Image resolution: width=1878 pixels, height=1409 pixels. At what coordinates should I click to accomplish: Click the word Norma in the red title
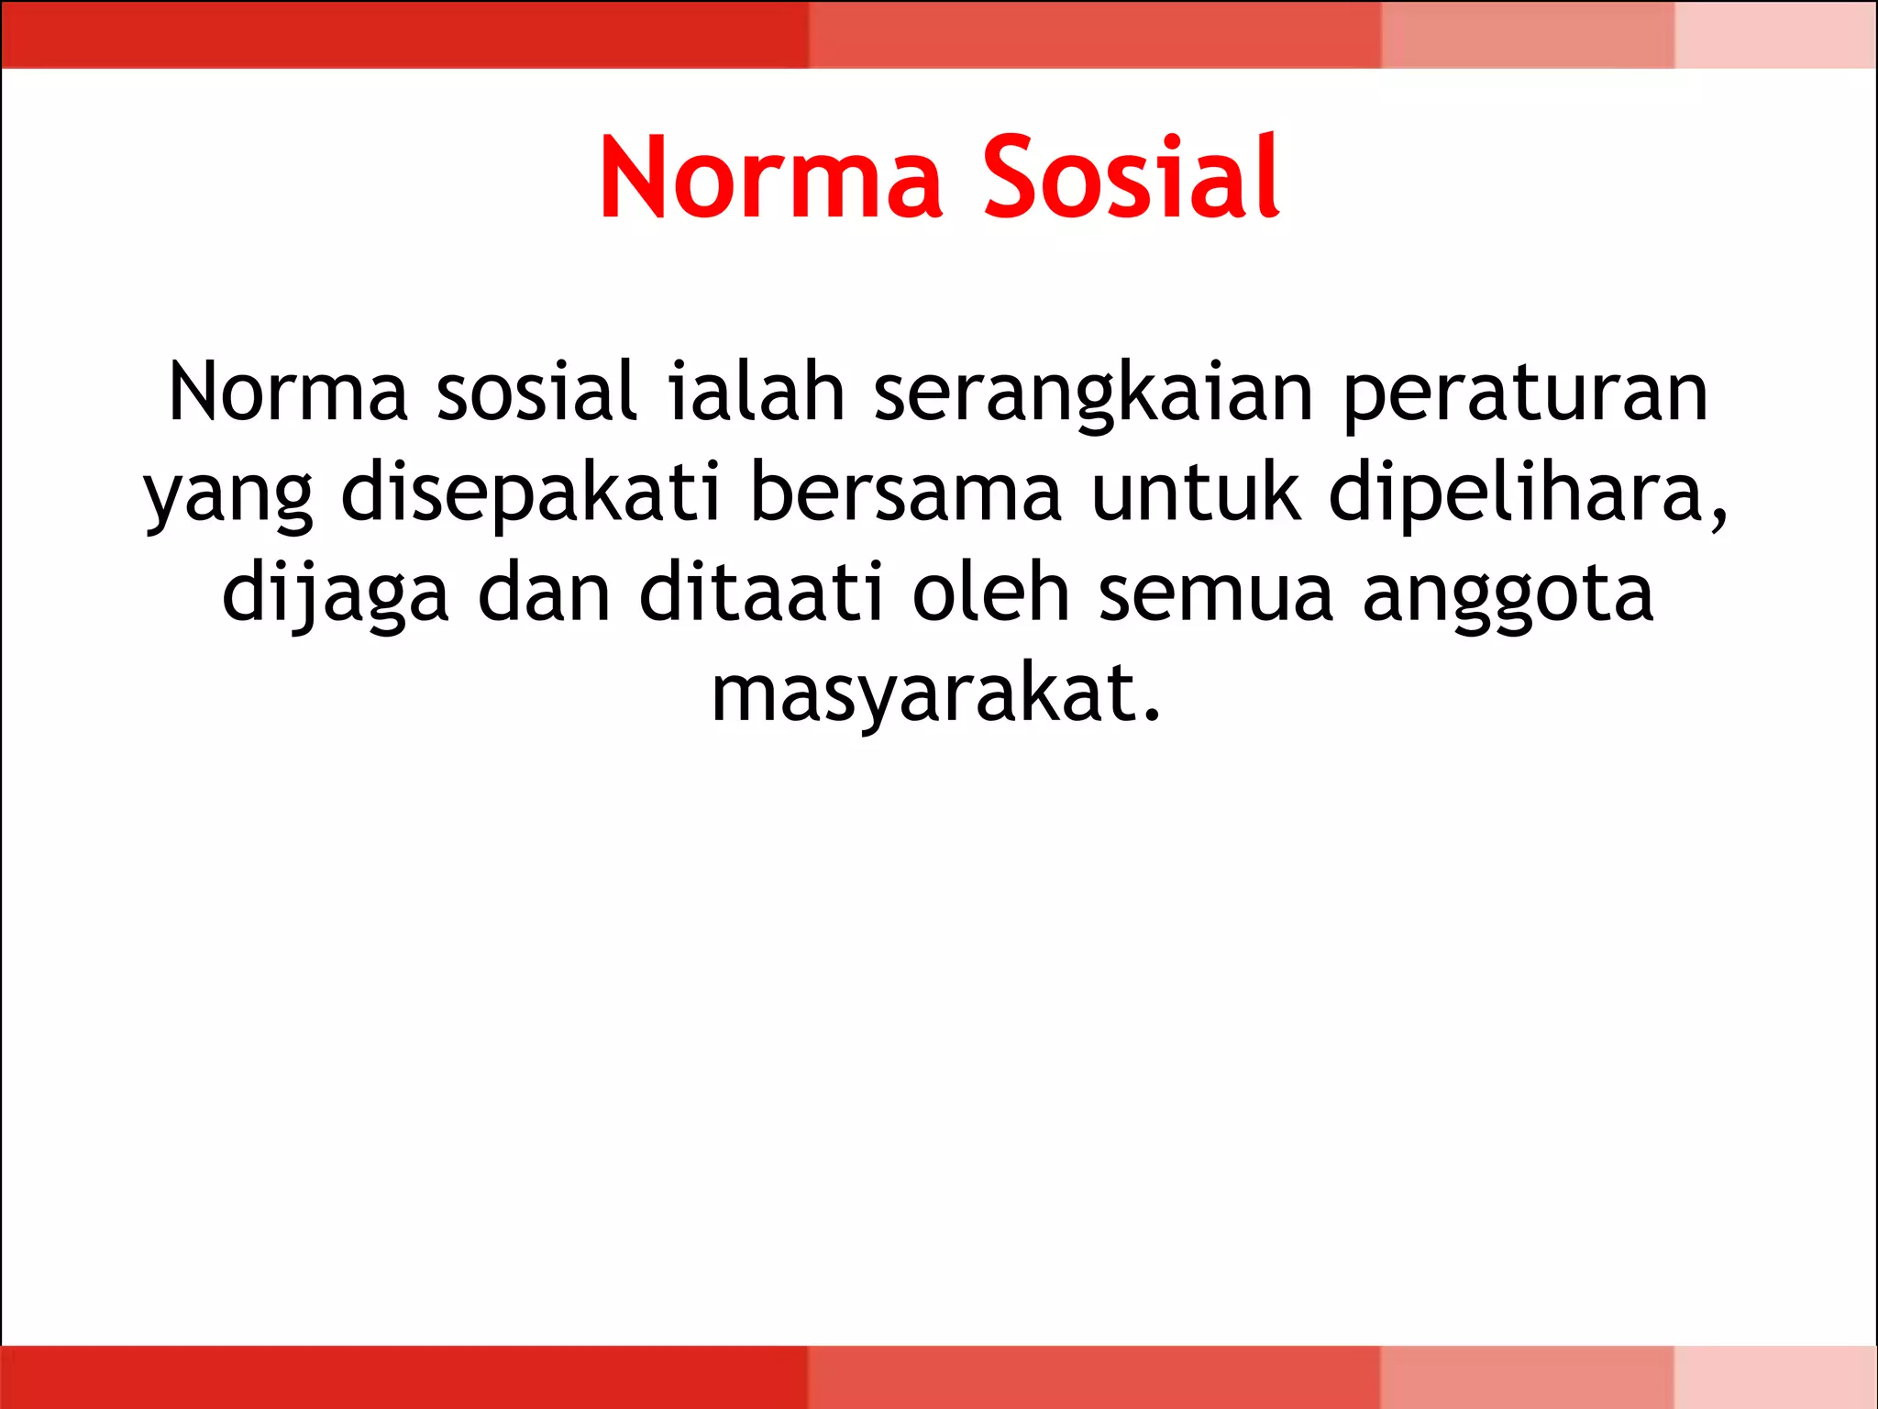point(770,178)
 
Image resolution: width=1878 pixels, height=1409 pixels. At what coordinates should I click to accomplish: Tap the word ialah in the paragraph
point(756,393)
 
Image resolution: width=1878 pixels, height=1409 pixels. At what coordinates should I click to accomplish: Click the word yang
point(229,495)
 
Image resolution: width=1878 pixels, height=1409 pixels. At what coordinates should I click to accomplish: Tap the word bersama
point(906,494)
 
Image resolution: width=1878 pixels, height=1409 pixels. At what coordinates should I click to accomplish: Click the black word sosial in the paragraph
point(536,393)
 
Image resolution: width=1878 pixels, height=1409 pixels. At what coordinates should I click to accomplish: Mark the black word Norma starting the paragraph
point(288,393)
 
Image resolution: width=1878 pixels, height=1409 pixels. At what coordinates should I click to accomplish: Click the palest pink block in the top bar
point(1775,34)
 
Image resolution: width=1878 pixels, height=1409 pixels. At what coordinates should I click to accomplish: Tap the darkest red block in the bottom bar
point(403,1376)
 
